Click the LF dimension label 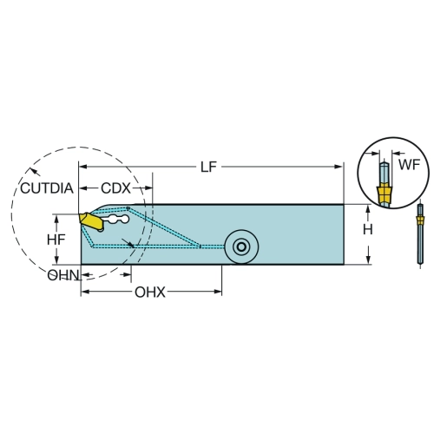(208, 167)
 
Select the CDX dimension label (115, 188)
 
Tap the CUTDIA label (47, 188)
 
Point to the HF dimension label (56, 240)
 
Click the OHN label (63, 275)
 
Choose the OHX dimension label (150, 293)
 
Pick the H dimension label (368, 230)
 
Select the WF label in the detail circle (409, 165)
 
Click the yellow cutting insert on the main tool (91, 222)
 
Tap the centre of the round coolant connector (241, 247)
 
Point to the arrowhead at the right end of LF (339, 167)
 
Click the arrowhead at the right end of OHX (218, 292)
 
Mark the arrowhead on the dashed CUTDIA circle (36, 172)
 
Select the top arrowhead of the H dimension (368, 209)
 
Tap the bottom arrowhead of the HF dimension (56, 259)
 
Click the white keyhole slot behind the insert (115, 220)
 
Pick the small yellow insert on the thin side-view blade (420, 221)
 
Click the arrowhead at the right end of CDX (148, 188)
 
